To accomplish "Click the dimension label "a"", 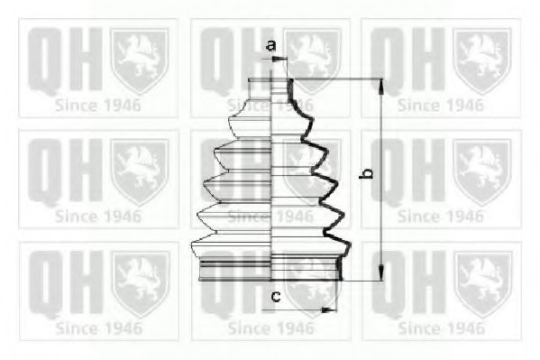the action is [x=271, y=45].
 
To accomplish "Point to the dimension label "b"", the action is [x=366, y=174].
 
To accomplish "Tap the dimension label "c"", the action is [x=276, y=296].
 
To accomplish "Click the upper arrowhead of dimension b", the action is [x=381, y=87].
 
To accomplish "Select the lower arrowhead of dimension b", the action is [x=381, y=272].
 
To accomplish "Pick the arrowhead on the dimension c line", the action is [x=329, y=310].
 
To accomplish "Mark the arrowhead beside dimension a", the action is [x=279, y=60].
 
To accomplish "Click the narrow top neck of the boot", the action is [x=271, y=88].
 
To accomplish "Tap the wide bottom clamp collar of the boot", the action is [x=270, y=268].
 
